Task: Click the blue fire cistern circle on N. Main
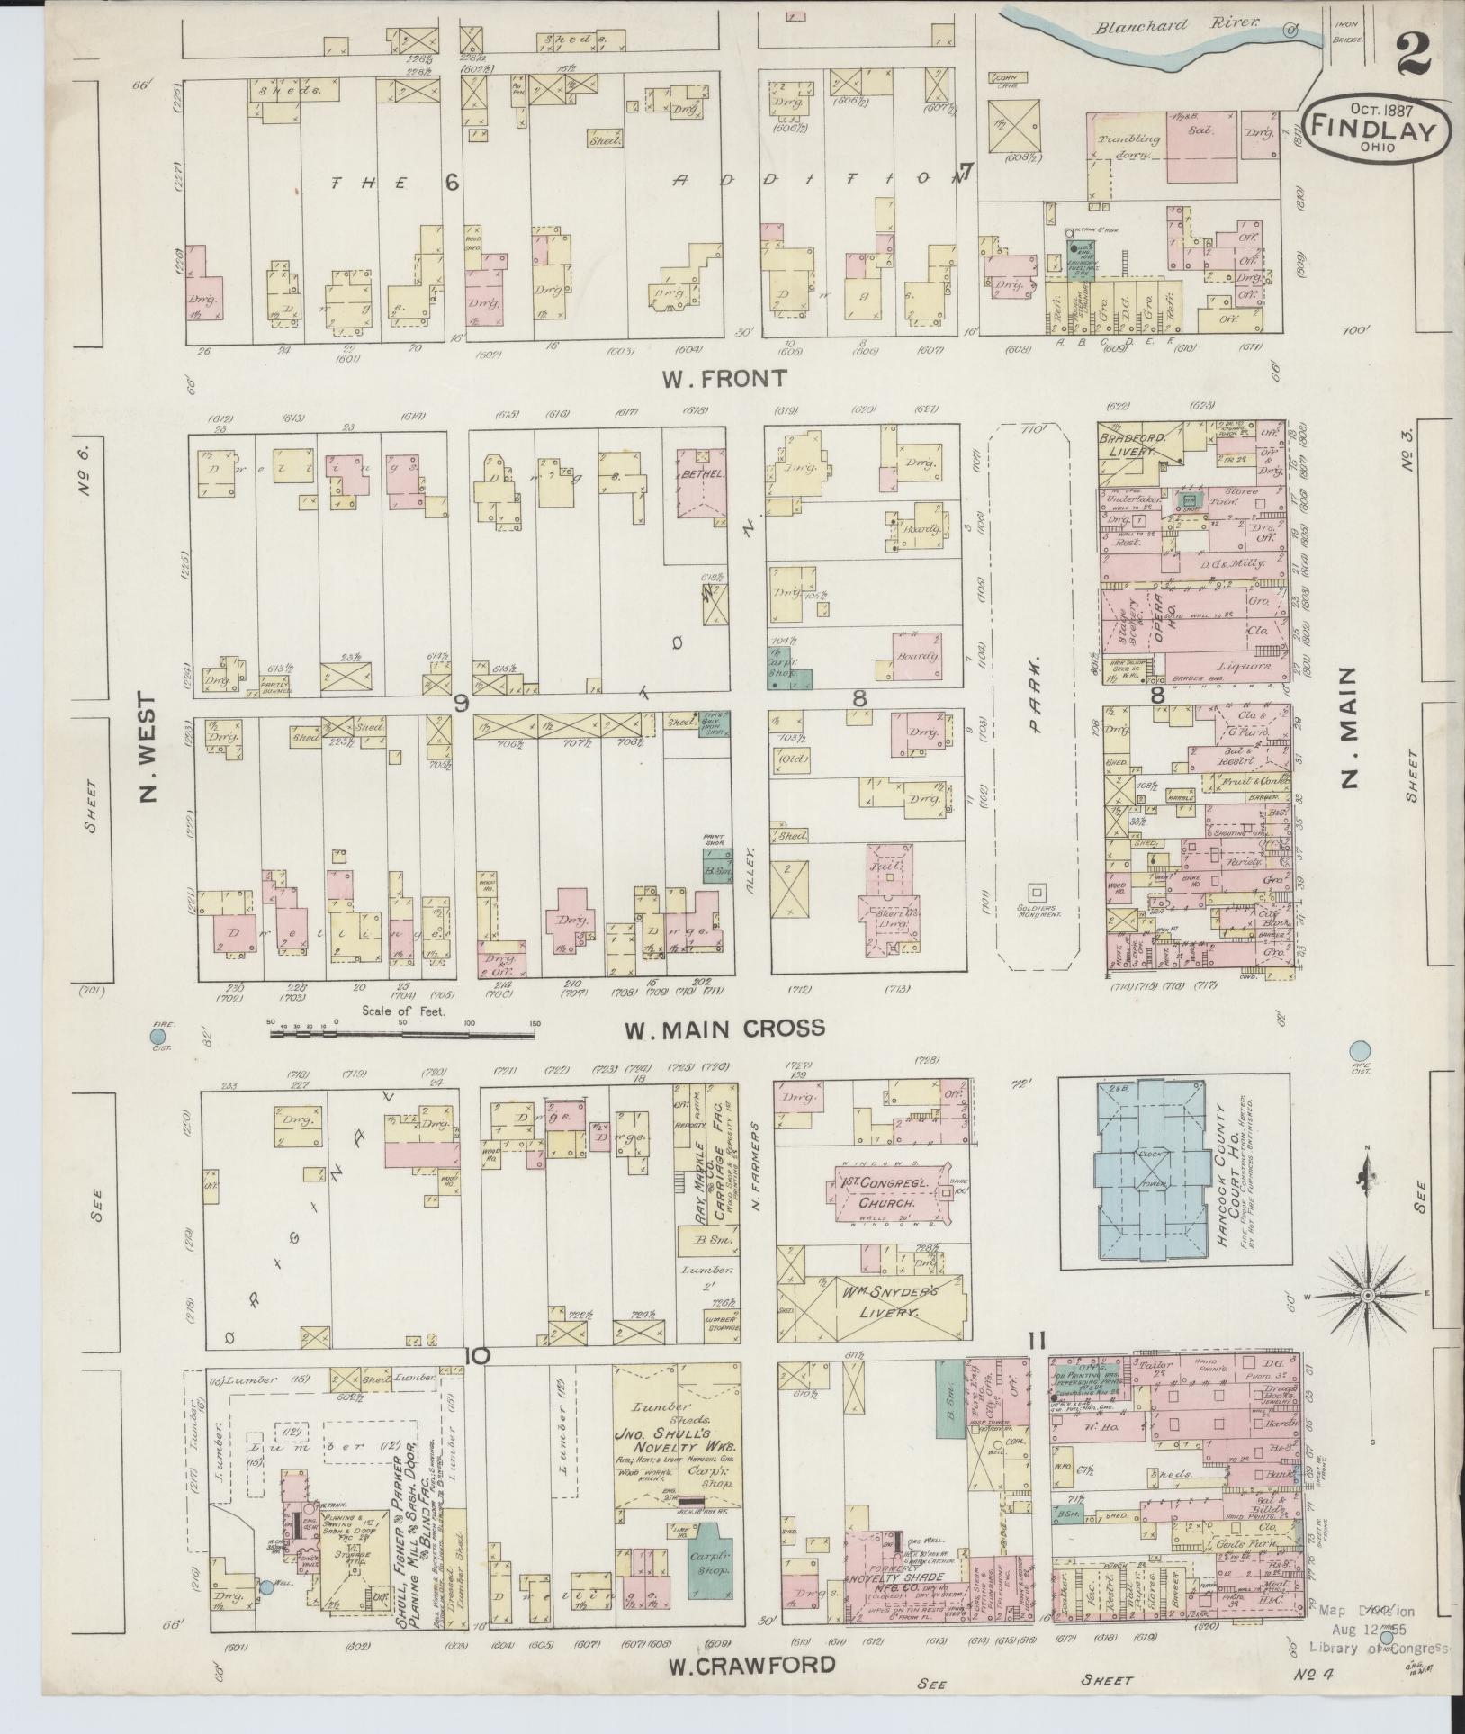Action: click(x=1361, y=1050)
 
